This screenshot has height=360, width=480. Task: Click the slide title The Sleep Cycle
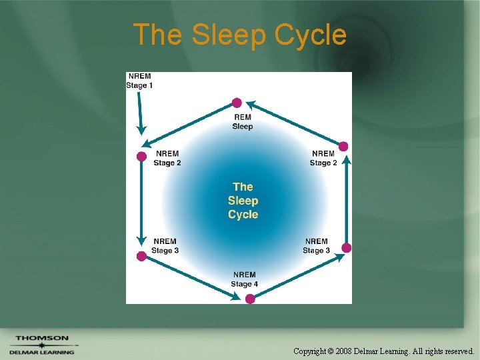[239, 35]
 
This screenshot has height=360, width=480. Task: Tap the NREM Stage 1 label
[139, 81]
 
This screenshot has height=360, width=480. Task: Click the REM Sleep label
[243, 122]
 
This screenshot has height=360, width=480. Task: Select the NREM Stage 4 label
[244, 279]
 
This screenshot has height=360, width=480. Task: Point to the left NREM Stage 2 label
[167, 158]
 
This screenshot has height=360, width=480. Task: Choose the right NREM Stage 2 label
[323, 158]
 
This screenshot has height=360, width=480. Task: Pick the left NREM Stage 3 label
[165, 246]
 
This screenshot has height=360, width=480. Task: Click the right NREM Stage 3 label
[316, 246]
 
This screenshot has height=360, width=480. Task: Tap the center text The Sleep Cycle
[243, 201]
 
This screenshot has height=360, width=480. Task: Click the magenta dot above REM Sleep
[237, 103]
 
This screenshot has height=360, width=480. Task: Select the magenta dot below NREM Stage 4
[250, 299]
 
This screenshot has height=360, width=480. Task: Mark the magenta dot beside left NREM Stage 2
[141, 157]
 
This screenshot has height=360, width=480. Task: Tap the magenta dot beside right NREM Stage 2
[344, 146]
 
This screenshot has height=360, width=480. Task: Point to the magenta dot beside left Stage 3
[141, 256]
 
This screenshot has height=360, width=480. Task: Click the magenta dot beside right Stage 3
[346, 248]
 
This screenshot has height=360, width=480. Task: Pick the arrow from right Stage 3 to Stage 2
[345, 200]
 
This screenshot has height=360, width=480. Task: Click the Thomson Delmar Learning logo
[42, 345]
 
